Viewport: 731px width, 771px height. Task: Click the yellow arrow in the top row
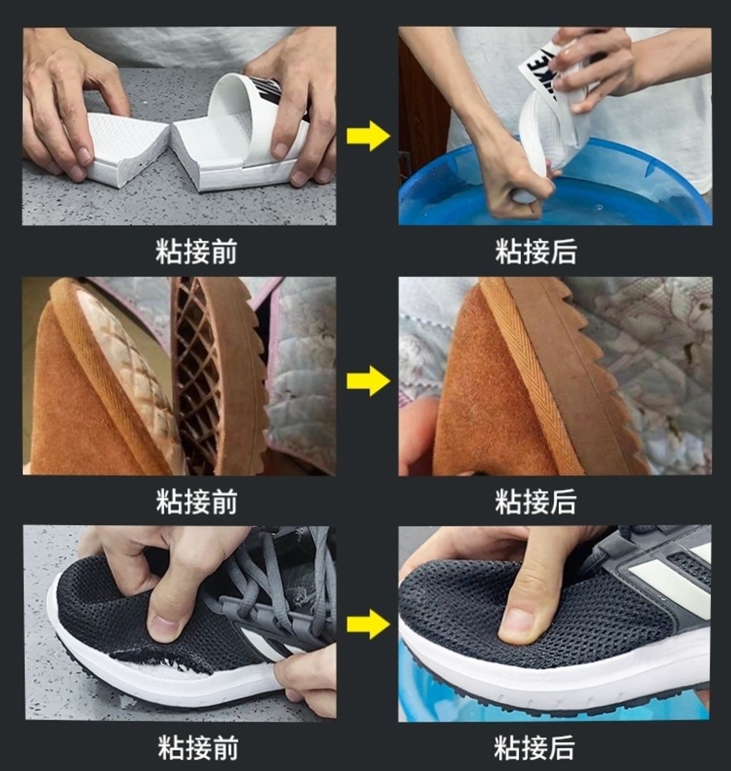coord(368,136)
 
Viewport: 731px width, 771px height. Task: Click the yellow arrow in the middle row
coord(368,381)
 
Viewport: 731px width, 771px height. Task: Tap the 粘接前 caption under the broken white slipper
coord(196,251)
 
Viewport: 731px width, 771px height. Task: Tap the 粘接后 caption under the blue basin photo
coord(535,251)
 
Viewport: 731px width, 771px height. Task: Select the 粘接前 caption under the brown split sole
coord(196,501)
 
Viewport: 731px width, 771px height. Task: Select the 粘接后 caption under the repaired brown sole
coord(535,501)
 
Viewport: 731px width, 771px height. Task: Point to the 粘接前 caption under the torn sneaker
coord(198,748)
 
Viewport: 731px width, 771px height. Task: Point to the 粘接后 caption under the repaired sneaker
coord(535,748)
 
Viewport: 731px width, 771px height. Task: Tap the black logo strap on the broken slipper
coord(273,91)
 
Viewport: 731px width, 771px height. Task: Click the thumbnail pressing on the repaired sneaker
coord(519,621)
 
